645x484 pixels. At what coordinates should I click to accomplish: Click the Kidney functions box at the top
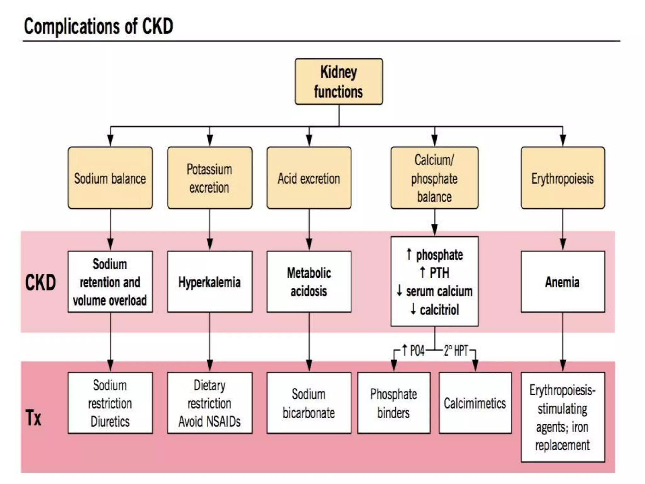[339, 81]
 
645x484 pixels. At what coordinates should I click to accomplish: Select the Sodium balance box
[110, 178]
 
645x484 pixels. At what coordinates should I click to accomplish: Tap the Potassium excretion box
[209, 178]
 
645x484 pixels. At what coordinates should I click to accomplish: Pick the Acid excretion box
[309, 178]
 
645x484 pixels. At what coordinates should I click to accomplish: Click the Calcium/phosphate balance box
[434, 178]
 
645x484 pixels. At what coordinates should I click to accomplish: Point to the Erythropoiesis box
[562, 178]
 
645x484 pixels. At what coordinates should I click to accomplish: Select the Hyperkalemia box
[209, 282]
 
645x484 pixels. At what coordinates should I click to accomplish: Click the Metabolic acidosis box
[309, 282]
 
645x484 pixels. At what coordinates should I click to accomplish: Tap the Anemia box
[562, 282]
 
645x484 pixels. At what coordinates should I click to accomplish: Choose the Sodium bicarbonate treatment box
[309, 403]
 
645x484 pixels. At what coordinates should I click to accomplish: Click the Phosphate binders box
[394, 403]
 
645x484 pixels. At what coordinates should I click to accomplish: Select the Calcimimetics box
[475, 403]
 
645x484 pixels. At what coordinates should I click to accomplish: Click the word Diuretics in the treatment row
[110, 422]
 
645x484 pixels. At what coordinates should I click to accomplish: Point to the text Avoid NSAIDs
[209, 422]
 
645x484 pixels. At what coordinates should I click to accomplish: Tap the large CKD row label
[40, 282]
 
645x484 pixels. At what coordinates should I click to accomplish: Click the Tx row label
[33, 418]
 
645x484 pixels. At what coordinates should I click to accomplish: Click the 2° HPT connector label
[456, 350]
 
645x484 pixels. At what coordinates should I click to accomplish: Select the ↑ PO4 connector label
[414, 350]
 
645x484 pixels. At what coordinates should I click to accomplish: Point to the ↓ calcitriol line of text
[435, 310]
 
